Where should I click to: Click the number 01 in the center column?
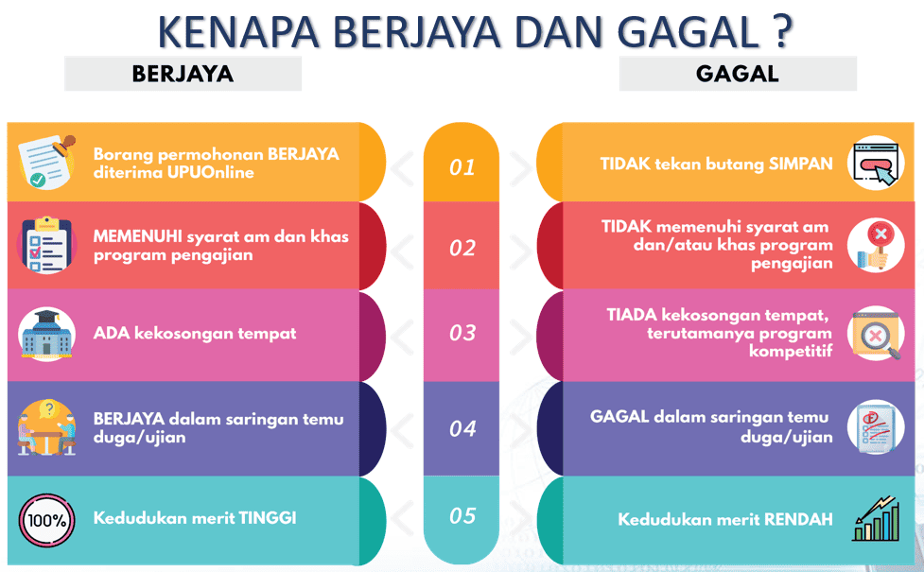462,168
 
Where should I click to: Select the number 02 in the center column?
462,249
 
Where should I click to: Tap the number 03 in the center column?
462,333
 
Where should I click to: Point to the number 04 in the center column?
462,428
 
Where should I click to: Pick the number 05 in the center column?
462,516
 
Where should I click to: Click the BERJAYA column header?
183,74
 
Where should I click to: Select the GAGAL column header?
737,74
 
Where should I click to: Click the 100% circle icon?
46,520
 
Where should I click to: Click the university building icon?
46,334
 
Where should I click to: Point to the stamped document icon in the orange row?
46,161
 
